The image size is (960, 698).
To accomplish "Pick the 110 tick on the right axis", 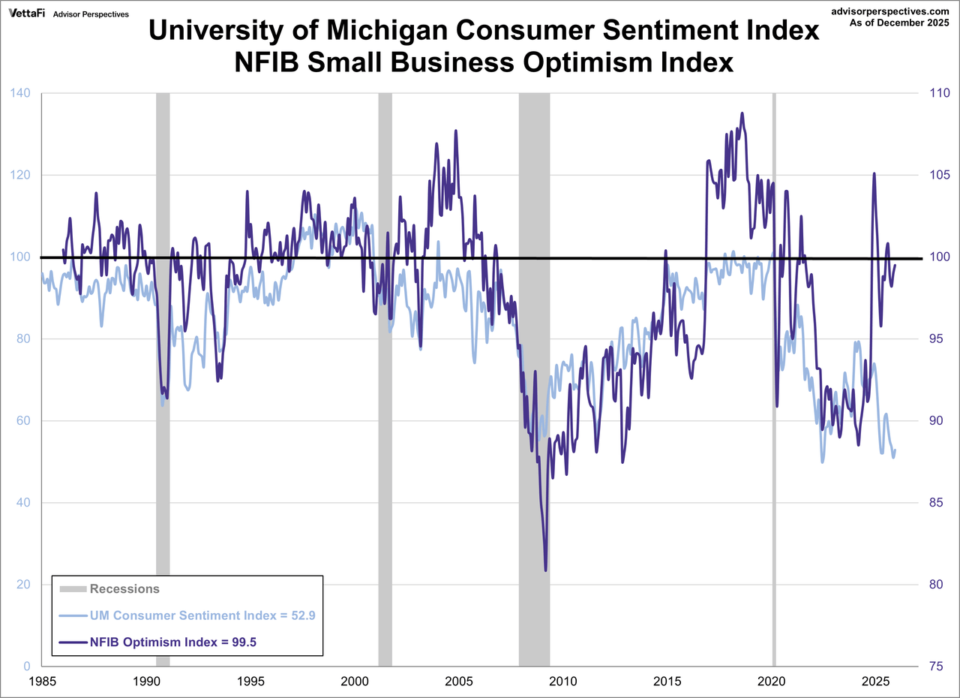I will click(x=933, y=93).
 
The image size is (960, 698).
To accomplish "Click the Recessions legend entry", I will click(x=124, y=589).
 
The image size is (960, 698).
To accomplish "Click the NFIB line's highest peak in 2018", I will click(x=742, y=113).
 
